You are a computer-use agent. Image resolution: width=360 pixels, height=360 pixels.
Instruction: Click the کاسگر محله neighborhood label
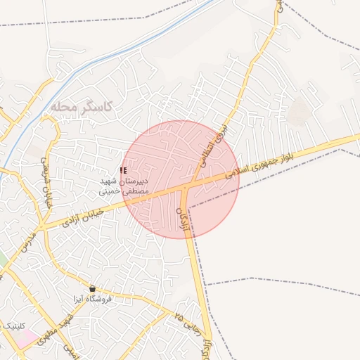click(x=82, y=106)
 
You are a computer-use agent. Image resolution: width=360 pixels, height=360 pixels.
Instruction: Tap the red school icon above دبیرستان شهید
click(x=124, y=170)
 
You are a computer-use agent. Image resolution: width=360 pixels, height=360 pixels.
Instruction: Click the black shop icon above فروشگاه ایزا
click(x=93, y=288)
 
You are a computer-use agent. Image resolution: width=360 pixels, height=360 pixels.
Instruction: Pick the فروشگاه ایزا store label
click(x=94, y=298)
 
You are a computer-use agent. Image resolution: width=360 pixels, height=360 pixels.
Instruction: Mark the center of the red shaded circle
click(x=181, y=179)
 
